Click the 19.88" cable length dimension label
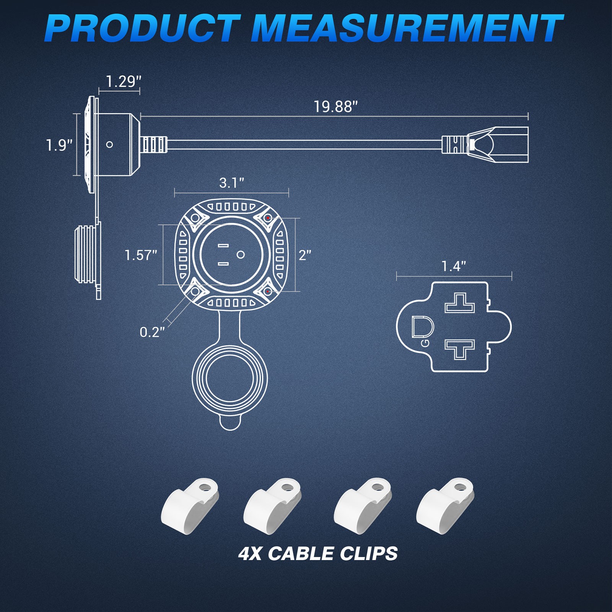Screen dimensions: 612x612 (335, 107)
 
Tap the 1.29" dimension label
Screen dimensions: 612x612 (123, 81)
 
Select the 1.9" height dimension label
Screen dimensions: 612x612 (59, 145)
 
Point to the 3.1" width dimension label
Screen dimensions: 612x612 (231, 183)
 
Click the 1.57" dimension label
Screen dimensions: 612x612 (141, 255)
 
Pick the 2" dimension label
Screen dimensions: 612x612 (305, 255)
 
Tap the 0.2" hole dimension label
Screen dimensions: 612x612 (152, 332)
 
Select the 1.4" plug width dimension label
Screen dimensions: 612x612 (454, 266)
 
